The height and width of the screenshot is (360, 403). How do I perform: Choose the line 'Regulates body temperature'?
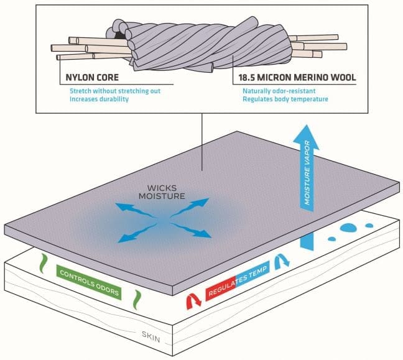[285, 99]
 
